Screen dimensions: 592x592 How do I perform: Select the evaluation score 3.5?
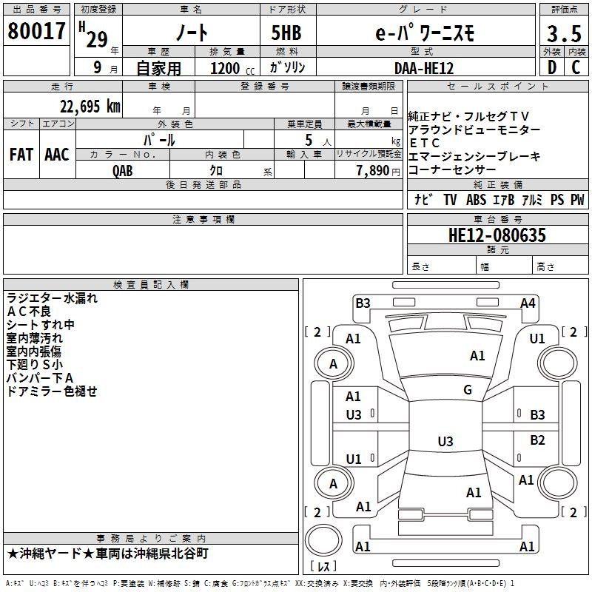pos(563,34)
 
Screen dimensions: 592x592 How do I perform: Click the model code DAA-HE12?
pos(424,67)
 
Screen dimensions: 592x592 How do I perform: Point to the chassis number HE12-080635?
pos(497,235)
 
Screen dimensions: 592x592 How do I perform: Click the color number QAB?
pos(124,169)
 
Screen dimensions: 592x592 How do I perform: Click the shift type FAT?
pos(21,154)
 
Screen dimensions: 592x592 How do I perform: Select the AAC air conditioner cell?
pos(57,154)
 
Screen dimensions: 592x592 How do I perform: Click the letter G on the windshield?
pos(468,390)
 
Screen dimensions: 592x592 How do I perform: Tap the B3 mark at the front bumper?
pos(363,303)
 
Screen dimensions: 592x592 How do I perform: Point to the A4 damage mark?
pos(527,303)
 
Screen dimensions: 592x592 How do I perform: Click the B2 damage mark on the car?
pos(537,440)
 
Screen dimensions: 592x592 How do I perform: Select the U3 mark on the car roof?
pos(445,442)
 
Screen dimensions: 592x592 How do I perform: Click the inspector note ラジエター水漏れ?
pos(52,298)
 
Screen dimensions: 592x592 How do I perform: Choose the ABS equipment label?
pos(476,200)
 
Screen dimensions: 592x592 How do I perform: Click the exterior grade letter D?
pos(551,67)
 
